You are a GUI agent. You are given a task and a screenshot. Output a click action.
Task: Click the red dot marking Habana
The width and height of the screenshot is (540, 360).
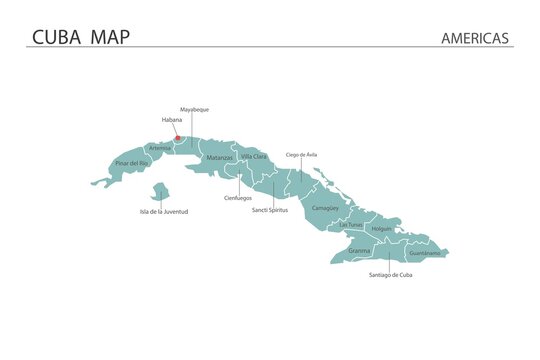pyautogui.click(x=178, y=139)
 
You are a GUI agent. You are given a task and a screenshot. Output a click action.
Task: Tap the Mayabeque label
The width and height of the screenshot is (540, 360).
pyautogui.click(x=194, y=109)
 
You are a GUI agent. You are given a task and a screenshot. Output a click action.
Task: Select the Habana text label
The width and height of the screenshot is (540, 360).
pyautogui.click(x=172, y=120)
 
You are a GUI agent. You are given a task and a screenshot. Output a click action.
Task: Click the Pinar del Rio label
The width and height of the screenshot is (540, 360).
pyautogui.click(x=132, y=162)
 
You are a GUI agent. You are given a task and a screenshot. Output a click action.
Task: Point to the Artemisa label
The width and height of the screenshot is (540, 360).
pyautogui.click(x=160, y=148)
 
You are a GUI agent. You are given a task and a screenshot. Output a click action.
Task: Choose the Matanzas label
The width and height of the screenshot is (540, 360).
pyautogui.click(x=219, y=158)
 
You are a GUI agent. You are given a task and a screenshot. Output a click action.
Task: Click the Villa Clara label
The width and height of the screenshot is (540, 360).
pyautogui.click(x=254, y=157)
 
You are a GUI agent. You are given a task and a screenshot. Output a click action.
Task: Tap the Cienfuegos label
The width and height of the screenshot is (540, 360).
pyautogui.click(x=238, y=198)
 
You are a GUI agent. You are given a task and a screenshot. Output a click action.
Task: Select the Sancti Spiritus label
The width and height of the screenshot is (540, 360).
pyautogui.click(x=271, y=210)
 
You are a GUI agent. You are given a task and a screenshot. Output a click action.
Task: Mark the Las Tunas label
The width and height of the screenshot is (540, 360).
pyautogui.click(x=351, y=225)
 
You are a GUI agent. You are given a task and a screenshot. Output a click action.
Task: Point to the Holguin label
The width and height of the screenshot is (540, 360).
pyautogui.click(x=381, y=229)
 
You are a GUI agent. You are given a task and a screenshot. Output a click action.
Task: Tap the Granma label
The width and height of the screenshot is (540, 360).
pyautogui.click(x=359, y=250)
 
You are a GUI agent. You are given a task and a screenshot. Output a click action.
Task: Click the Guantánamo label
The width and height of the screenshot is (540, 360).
pyautogui.click(x=424, y=254)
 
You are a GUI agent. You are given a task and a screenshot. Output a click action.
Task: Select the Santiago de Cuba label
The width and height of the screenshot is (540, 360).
pyautogui.click(x=390, y=274)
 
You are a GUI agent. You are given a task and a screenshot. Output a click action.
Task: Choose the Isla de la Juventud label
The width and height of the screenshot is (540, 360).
pyautogui.click(x=164, y=212)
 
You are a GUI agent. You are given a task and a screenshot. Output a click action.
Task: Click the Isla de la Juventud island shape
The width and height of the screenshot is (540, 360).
pyautogui.click(x=160, y=191)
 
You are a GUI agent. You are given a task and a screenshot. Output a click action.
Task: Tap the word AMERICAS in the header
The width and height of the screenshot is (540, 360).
pyautogui.click(x=475, y=38)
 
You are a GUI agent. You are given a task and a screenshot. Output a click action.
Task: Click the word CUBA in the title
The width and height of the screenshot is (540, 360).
pyautogui.click(x=57, y=37)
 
